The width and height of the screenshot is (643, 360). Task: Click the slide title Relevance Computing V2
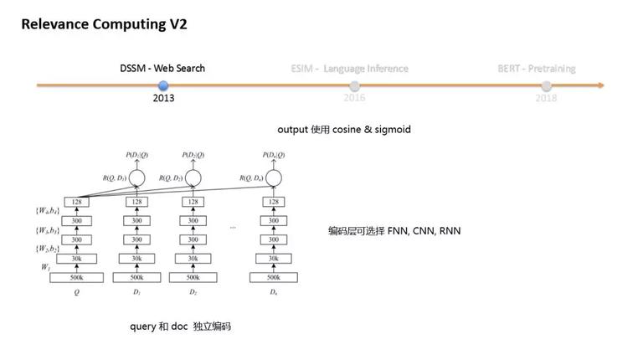click(104, 23)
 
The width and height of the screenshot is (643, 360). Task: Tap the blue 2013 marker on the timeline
click(163, 85)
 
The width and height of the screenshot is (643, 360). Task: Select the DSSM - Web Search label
click(162, 68)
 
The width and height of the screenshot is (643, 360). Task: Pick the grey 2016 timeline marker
click(355, 85)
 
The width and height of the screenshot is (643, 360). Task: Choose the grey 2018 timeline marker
click(547, 85)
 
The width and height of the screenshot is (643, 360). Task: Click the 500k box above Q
click(76, 277)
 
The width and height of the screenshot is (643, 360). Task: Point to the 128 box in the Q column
click(76, 202)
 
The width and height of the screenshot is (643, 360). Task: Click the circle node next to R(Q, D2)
click(193, 178)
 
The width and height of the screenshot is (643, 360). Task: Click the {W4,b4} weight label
click(44, 211)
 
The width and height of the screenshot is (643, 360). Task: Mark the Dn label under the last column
click(272, 293)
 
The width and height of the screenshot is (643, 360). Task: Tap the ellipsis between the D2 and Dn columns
click(232, 227)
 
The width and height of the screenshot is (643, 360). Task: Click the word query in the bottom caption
click(143, 326)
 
